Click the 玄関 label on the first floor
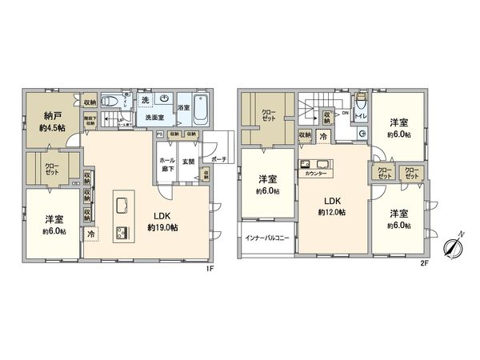point(188,162)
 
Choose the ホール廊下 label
point(167,166)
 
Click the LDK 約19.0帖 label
point(162,222)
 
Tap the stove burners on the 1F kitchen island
point(123,234)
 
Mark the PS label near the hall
point(160,134)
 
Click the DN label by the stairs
point(345,114)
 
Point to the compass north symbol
point(453,245)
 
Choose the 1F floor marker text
point(210,269)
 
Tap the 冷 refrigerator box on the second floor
point(323,138)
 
